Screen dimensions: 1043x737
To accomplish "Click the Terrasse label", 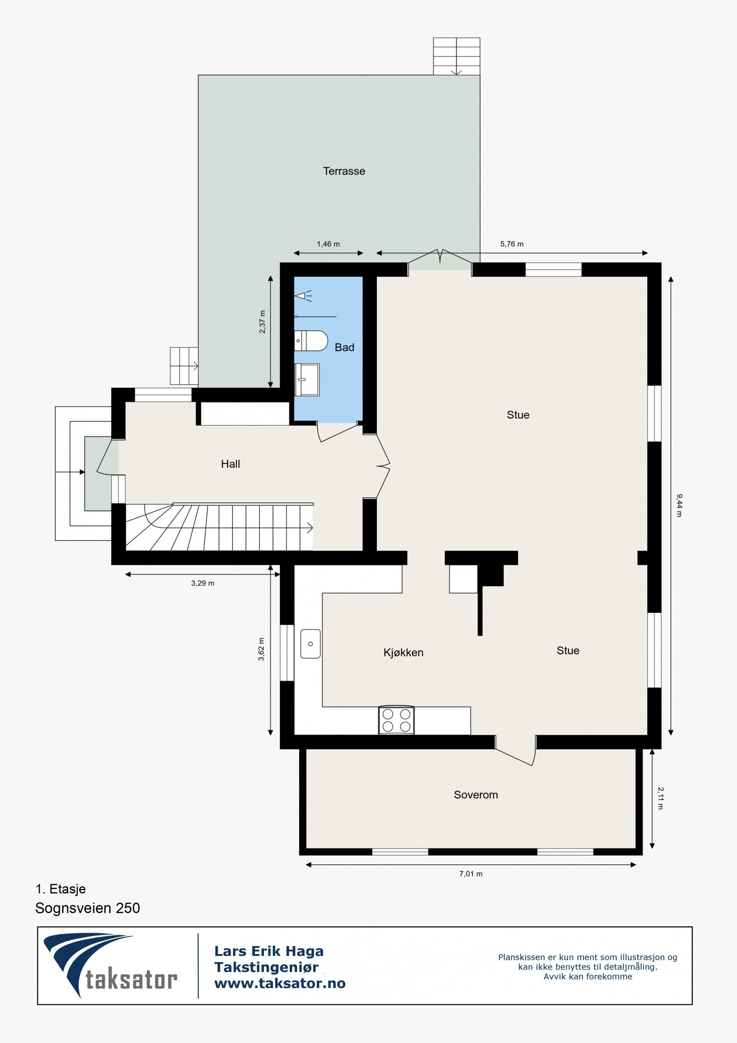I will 344,171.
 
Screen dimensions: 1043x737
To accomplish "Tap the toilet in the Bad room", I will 311,341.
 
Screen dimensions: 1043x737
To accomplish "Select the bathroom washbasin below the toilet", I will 307,379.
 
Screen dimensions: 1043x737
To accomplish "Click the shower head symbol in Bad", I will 302,295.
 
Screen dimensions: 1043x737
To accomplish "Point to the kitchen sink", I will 310,644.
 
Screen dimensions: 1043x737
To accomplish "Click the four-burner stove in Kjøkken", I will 397,720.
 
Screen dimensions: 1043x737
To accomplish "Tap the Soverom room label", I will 475,795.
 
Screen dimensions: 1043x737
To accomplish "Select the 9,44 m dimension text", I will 679,505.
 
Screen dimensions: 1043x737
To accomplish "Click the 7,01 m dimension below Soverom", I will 471,874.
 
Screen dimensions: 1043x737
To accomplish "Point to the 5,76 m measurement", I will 512,244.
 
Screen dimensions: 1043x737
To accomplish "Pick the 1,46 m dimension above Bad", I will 328,244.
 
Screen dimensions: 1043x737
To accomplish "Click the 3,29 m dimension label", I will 203,583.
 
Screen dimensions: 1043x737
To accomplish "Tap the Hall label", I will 230,464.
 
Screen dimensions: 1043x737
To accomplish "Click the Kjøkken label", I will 403,652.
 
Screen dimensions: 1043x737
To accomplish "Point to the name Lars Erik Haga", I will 269,951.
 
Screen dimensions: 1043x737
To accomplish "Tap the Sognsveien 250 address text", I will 88,908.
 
